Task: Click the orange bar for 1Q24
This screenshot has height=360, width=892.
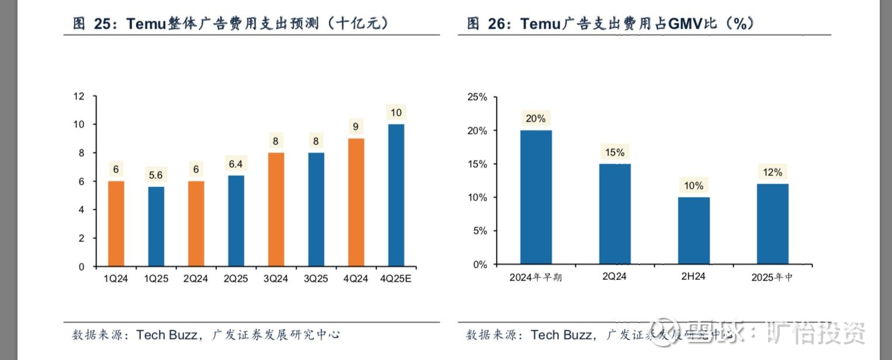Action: coord(116,224)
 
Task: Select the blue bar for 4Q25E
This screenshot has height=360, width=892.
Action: coord(396,195)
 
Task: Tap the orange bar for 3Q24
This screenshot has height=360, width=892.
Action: coord(276,209)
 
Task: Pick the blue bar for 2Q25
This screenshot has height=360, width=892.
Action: coord(236,221)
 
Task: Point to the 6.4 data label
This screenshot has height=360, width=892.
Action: coord(236,164)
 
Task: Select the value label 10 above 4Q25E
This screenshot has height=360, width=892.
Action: coord(396,113)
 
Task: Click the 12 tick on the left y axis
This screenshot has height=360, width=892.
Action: coord(79,96)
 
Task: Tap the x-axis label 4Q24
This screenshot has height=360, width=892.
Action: coord(356,279)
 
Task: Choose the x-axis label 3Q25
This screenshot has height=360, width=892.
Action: coord(316,279)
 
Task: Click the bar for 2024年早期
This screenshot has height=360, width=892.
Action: coord(535,197)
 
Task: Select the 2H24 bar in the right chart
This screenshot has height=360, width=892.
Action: coord(693,230)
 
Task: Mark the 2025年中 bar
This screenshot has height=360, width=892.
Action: coord(772,224)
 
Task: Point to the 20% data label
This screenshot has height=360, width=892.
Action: coord(535,119)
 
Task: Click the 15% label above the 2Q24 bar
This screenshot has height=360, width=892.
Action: coord(614,153)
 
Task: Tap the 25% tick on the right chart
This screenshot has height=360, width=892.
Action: coord(477,97)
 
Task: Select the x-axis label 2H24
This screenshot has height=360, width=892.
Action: coord(693,276)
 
